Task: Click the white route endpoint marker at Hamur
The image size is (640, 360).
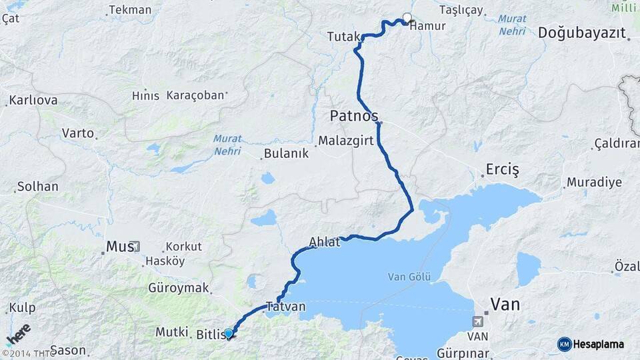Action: pyautogui.click(x=407, y=18)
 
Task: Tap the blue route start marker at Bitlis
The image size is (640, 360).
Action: pyautogui.click(x=229, y=333)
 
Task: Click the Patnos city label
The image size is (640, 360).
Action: pyautogui.click(x=353, y=116)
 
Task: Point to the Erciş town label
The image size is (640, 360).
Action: pyautogui.click(x=502, y=169)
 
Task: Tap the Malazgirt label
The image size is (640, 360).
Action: pyautogui.click(x=346, y=141)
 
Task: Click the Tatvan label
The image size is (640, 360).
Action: pyautogui.click(x=285, y=307)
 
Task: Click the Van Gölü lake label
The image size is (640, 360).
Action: pyautogui.click(x=410, y=277)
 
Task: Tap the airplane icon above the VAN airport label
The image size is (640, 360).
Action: pyautogui.click(x=478, y=321)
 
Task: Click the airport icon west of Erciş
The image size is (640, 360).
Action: pyautogui.click(x=477, y=145)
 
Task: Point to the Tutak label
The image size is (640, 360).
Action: pyautogui.click(x=343, y=37)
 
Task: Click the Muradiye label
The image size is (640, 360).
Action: pyautogui.click(x=594, y=182)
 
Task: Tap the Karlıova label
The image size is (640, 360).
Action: pyautogui.click(x=33, y=100)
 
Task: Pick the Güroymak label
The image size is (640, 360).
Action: pyautogui.click(x=177, y=289)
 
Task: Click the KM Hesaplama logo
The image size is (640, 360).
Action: pyautogui.click(x=591, y=344)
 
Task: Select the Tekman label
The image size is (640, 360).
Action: pyautogui.click(x=130, y=10)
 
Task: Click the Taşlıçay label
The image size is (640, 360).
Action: pyautogui.click(x=461, y=10)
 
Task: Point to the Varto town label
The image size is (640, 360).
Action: pyautogui.click(x=78, y=133)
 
